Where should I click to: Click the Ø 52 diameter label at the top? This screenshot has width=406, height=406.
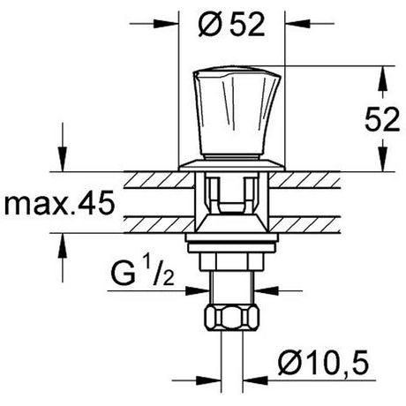coord(231,26)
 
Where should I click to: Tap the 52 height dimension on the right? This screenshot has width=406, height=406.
coord(382,119)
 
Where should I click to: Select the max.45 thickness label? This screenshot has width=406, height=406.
coord(59,203)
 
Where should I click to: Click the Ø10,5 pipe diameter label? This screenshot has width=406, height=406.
coord(323,363)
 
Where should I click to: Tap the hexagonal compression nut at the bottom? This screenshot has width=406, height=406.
coord(232,318)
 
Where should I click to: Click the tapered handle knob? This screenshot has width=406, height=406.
coord(237,113)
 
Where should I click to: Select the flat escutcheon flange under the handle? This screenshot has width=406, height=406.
coord(232,165)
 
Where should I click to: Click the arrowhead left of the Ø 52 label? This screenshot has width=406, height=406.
coord(166,24)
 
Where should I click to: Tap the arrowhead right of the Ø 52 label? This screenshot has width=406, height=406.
coord(297,24)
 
